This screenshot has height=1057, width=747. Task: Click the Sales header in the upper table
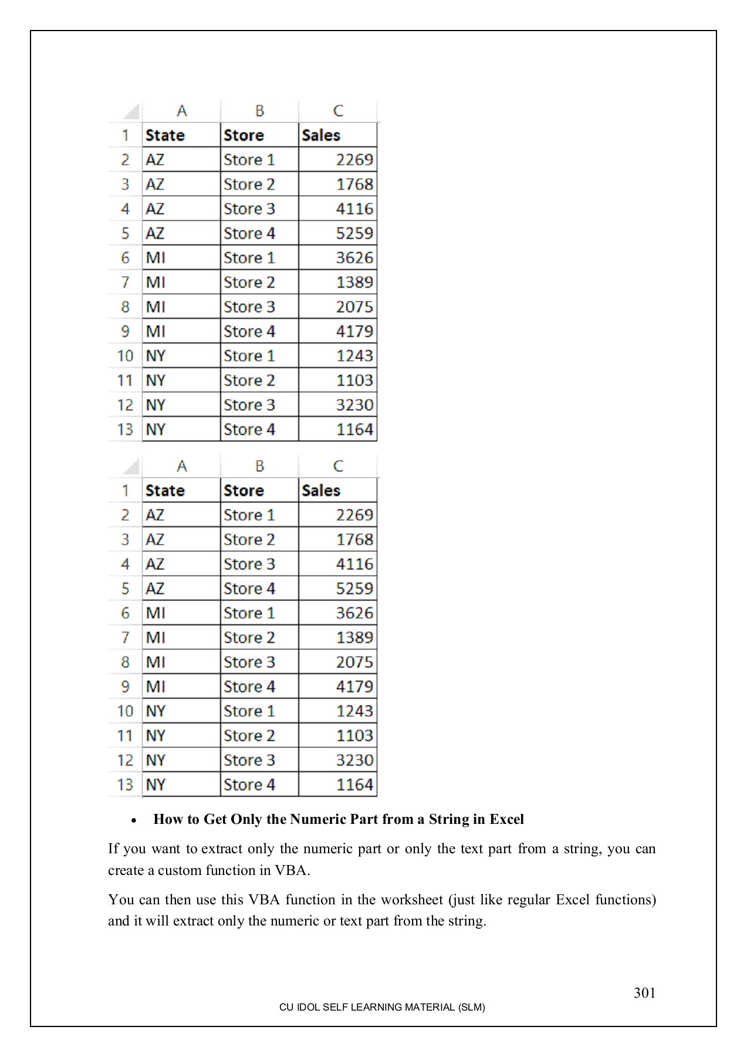[x=321, y=136]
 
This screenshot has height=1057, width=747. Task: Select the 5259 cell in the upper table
[x=354, y=234]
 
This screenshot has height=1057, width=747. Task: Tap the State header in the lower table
[x=165, y=491]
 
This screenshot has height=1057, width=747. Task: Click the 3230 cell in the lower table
[x=354, y=760]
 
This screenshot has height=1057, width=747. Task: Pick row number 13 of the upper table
[x=125, y=430]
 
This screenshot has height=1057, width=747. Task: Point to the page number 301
[x=644, y=993]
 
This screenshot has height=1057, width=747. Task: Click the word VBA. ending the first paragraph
[x=292, y=870]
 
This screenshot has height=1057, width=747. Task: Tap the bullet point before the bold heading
[x=134, y=820]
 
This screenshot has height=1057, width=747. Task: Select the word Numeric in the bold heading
[x=317, y=819]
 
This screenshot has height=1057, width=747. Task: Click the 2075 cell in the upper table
[x=354, y=307]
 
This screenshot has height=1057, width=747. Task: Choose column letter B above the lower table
[x=259, y=466]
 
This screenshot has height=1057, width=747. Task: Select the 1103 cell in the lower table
[x=354, y=736]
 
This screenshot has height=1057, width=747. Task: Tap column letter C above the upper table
[x=338, y=111]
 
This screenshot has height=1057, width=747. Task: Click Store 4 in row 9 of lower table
[x=249, y=686]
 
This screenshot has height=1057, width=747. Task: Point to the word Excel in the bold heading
[x=506, y=819]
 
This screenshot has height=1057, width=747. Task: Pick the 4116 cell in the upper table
[x=354, y=209]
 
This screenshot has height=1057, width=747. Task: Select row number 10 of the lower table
[x=125, y=712]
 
